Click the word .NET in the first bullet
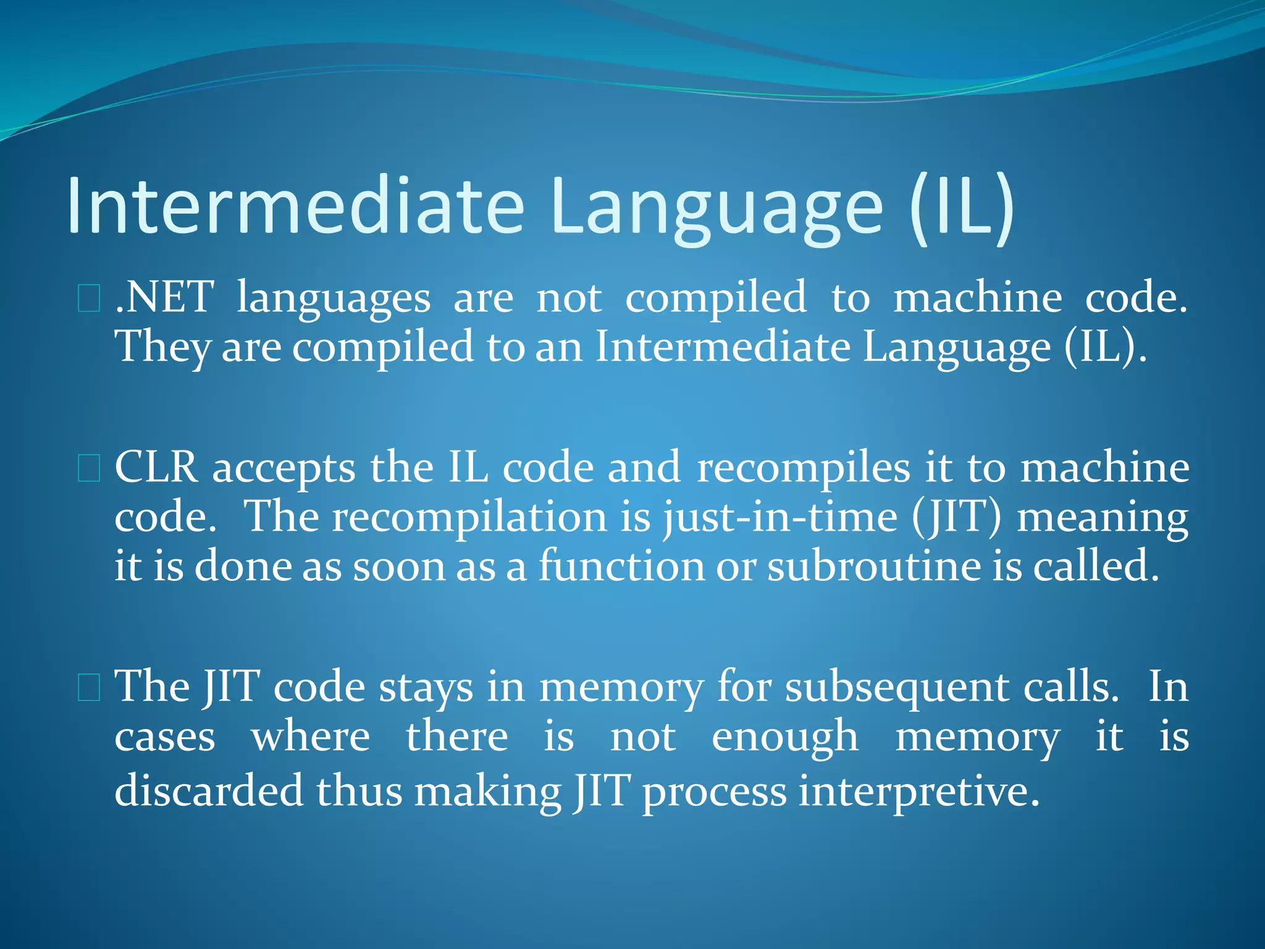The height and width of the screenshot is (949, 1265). [164, 298]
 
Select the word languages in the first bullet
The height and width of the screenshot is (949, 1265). [334, 300]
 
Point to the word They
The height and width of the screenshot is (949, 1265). [162, 347]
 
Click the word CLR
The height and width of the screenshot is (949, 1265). [156, 468]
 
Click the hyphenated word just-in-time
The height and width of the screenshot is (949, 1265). [780, 518]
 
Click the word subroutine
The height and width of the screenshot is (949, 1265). [873, 566]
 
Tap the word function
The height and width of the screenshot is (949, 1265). [621, 566]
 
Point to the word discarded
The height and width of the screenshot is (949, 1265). [209, 791]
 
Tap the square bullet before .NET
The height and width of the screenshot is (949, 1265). [89, 298]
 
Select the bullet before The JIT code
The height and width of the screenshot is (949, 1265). [89, 688]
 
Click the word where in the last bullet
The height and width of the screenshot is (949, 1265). [310, 737]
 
